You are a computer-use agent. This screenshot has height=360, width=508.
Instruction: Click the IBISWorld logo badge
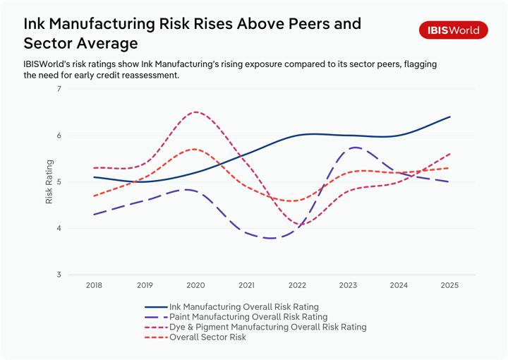click(x=453, y=30)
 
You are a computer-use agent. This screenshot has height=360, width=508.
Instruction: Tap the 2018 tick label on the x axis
click(x=94, y=286)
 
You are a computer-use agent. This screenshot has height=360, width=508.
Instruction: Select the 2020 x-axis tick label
click(x=195, y=286)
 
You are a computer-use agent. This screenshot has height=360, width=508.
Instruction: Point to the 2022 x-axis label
click(x=297, y=286)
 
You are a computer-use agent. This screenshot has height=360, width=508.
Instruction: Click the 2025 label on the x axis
click(x=449, y=286)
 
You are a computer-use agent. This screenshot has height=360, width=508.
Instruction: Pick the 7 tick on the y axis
click(x=59, y=89)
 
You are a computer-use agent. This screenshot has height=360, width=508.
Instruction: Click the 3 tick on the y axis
click(x=59, y=275)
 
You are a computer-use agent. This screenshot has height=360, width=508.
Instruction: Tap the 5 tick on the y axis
click(x=59, y=182)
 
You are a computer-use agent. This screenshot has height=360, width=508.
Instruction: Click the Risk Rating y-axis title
click(x=49, y=182)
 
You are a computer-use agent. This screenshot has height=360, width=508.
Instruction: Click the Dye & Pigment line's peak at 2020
click(x=195, y=112)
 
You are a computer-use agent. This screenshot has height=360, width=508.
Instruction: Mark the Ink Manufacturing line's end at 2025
click(x=449, y=117)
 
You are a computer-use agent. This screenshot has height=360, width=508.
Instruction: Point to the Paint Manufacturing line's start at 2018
click(x=94, y=215)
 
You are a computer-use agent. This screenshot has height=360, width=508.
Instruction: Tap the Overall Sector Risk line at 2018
click(x=94, y=196)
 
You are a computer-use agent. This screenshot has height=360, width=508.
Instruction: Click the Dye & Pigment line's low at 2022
click(x=297, y=224)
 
